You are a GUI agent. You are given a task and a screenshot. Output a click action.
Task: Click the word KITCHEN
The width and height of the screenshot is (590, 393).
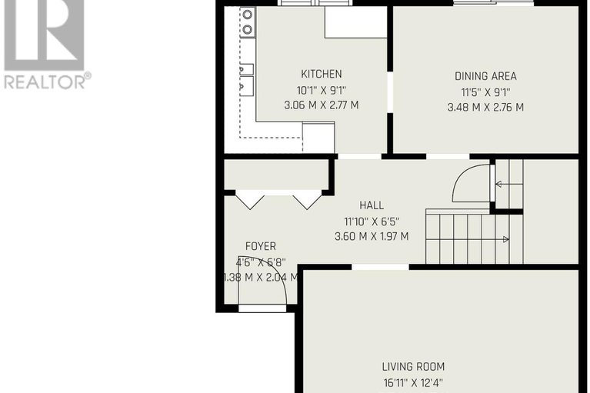pyautogui.click(x=321, y=75)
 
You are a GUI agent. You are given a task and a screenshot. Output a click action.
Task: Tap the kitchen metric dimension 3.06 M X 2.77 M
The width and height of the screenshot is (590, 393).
pyautogui.click(x=321, y=104)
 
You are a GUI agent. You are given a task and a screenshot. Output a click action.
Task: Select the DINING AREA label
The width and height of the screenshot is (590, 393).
pyautogui.click(x=485, y=76)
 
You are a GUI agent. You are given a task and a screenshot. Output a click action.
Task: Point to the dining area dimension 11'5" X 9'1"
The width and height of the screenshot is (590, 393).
pyautogui.click(x=485, y=92)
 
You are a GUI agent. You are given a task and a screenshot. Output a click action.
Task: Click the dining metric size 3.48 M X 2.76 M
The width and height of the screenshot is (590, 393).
pyautogui.click(x=485, y=107)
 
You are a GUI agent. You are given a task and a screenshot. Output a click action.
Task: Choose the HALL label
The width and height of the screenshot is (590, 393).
pyautogui.click(x=372, y=205)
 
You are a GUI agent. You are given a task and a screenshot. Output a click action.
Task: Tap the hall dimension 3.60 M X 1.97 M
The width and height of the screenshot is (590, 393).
pyautogui.click(x=372, y=236)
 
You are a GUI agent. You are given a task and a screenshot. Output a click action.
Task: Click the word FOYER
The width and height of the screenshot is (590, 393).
pyautogui.click(x=260, y=246)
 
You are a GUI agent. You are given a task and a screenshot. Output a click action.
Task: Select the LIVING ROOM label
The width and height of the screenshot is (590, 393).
pyautogui.click(x=413, y=367)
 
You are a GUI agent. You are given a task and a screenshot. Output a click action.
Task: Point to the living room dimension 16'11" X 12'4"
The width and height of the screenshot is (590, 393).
pyautogui.click(x=413, y=382)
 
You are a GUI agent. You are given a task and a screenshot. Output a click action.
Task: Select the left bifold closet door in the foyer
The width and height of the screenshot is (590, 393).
pyautogui.click(x=249, y=199)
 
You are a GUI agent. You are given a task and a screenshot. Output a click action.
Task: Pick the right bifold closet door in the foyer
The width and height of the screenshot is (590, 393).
pyautogui.click(x=308, y=199)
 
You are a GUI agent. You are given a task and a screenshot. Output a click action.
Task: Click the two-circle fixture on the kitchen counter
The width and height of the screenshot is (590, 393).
pyautogui.click(x=248, y=22)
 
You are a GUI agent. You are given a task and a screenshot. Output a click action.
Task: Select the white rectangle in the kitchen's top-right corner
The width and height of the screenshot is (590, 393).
pyautogui.click(x=355, y=22)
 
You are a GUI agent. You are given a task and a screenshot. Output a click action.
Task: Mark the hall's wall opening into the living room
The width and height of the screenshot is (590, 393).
pyautogui.click(x=380, y=267)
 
